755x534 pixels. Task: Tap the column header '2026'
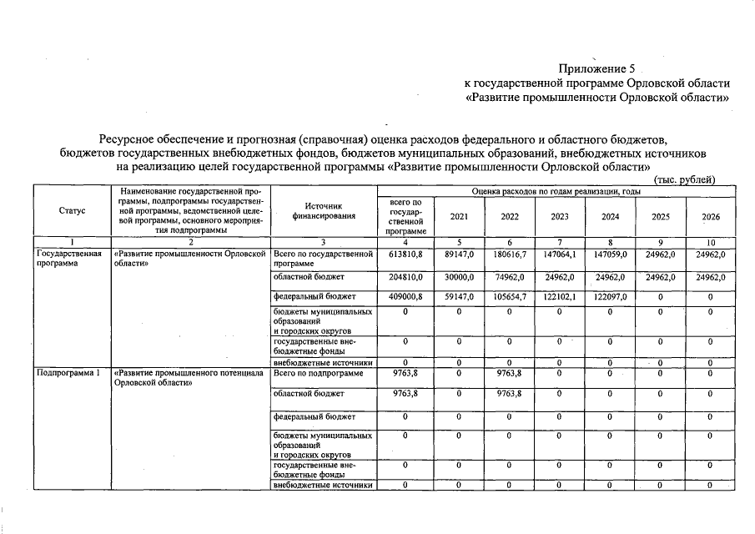(x=711, y=216)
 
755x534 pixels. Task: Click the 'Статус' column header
(x=73, y=211)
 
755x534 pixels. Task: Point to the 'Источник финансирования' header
(x=324, y=211)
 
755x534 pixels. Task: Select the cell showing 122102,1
(x=560, y=296)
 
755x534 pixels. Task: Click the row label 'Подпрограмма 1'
(x=68, y=373)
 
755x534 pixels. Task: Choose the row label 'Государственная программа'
(x=69, y=258)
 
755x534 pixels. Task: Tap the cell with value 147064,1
(x=560, y=254)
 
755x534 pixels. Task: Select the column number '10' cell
(x=711, y=243)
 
